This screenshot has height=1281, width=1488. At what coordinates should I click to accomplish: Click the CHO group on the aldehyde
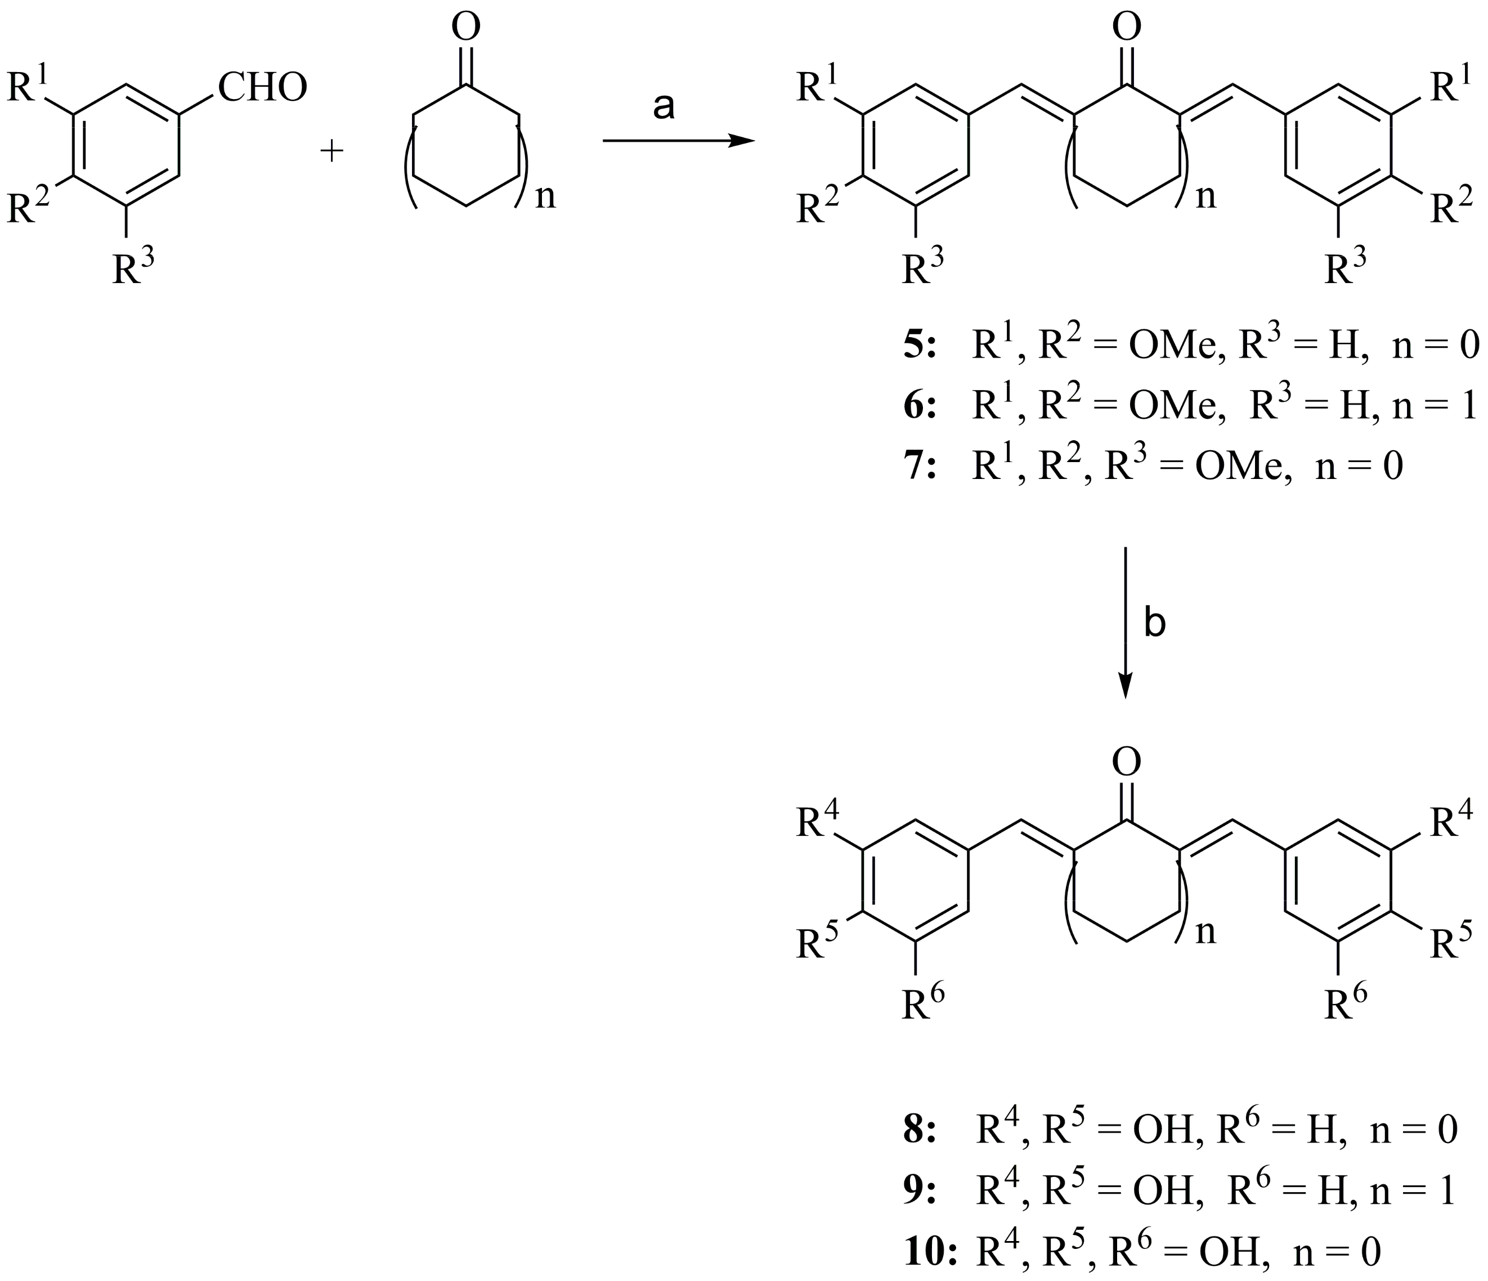click(x=263, y=88)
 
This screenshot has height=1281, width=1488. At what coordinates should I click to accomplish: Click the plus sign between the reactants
click(x=332, y=151)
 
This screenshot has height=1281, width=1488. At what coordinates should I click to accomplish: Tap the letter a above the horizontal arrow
click(x=664, y=107)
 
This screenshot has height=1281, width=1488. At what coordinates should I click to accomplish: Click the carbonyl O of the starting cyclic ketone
click(x=466, y=27)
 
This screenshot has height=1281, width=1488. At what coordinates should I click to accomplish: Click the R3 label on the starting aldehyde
click(x=132, y=267)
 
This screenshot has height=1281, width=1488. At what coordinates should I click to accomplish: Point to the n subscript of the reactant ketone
click(x=546, y=195)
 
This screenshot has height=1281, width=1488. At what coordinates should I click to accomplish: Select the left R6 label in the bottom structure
click(x=922, y=1004)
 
